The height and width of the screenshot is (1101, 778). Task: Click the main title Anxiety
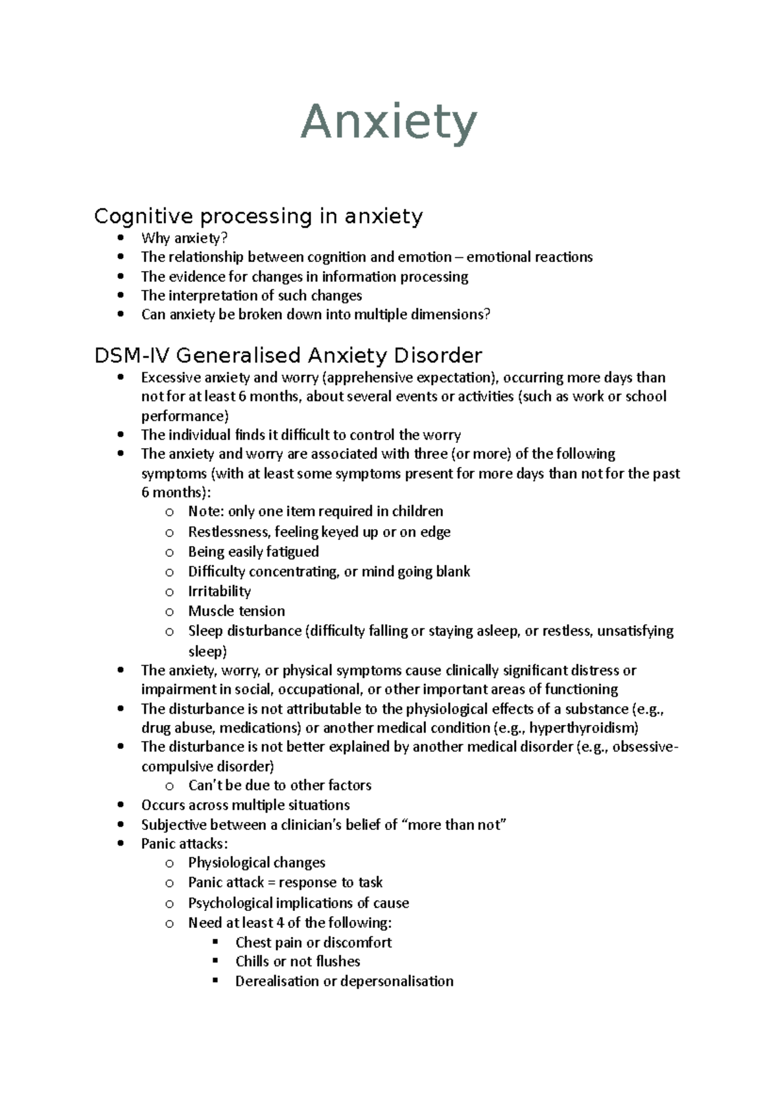[389, 123]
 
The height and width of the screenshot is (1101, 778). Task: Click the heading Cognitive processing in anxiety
[258, 216]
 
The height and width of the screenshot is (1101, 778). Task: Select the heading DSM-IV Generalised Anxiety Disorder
[288, 355]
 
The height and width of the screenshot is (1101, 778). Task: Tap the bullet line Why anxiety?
[184, 238]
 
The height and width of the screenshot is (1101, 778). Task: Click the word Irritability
[219, 591]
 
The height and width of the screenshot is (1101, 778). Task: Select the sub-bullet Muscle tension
[236, 611]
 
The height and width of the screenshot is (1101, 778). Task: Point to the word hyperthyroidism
[583, 728]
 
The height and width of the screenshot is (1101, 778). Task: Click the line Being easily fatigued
[253, 552]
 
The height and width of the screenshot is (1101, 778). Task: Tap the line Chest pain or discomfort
[313, 942]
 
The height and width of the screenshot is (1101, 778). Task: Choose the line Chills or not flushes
[298, 961]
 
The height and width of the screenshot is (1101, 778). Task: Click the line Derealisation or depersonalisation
[344, 981]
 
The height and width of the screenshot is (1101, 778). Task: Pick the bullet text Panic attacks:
[184, 844]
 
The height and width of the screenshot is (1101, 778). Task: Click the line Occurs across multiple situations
[245, 805]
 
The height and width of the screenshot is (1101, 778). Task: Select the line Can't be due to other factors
[279, 785]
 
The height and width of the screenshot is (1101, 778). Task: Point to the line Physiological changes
[256, 862]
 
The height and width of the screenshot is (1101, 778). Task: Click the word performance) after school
[185, 416]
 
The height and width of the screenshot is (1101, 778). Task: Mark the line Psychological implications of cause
[298, 903]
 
